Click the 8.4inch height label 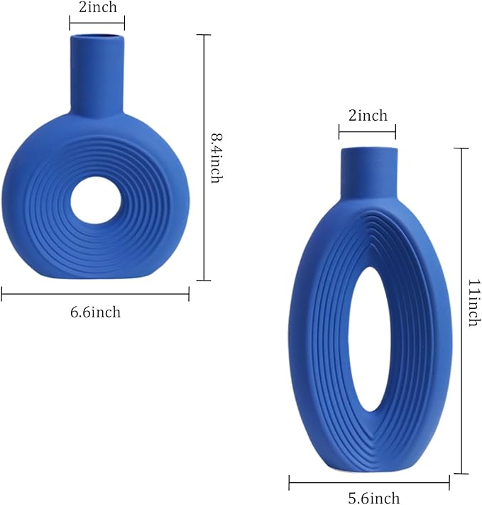pos(217,158)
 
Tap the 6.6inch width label pos(95,313)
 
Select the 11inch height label pos(474,303)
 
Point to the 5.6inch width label pos(374,498)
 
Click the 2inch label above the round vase pos(98,7)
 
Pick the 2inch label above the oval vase pos(368,115)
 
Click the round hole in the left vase pos(96,200)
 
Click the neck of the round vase pos(97,76)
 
